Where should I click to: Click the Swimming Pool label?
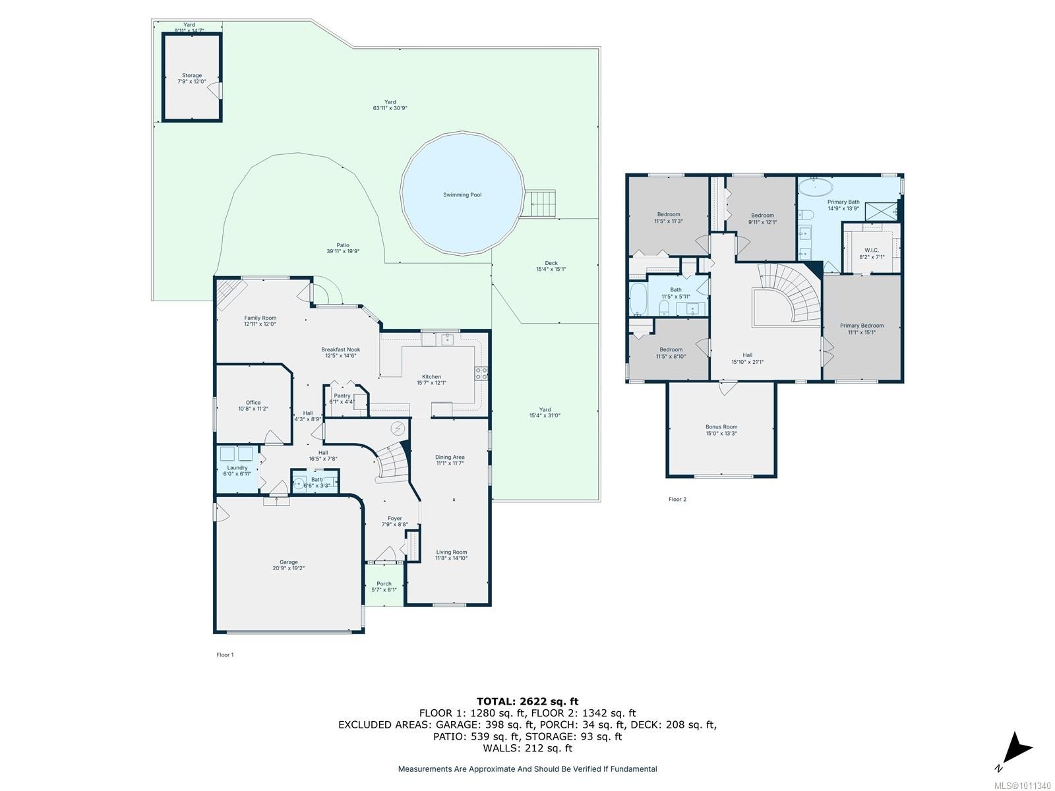462,195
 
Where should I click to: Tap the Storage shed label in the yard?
192,76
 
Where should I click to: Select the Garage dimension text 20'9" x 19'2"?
288,568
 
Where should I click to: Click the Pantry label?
342,396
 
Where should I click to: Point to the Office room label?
253,403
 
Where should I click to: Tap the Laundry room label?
237,468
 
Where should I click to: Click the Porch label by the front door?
384,584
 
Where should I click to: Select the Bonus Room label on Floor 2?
721,427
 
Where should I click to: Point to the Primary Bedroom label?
861,326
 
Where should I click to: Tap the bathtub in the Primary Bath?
816,187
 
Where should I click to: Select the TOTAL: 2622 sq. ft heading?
527,701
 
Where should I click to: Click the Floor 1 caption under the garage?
225,655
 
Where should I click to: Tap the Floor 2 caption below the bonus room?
677,500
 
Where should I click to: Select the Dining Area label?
450,457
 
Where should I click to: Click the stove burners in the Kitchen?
481,374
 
